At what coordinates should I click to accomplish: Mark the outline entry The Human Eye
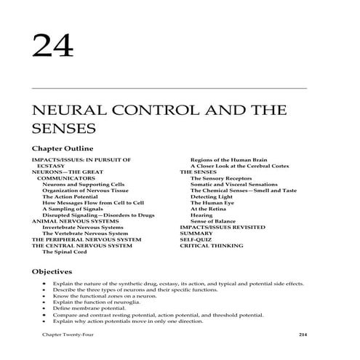tap(211, 202)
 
